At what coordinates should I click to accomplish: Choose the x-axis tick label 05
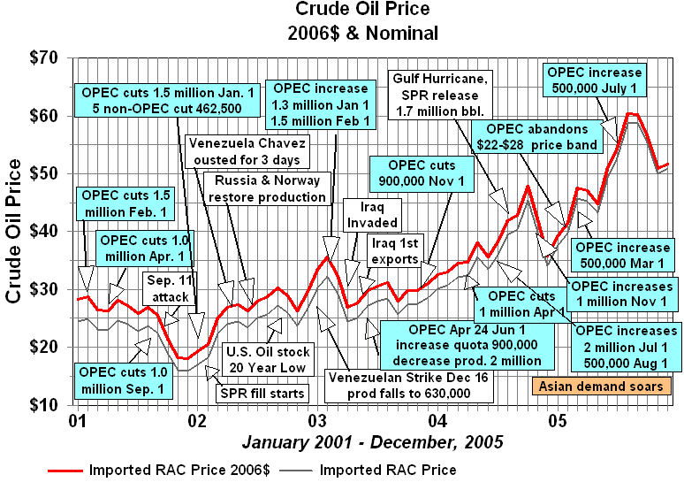pos(558,419)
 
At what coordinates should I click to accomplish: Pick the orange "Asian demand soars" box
pos(600,387)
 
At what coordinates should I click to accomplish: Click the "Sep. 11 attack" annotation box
pos(165,289)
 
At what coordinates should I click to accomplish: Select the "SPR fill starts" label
pos(262,393)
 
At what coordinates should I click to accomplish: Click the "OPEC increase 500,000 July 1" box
pos(596,80)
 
